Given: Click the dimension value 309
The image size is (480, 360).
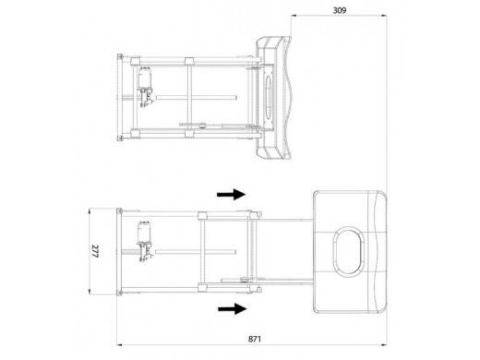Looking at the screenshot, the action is click(340, 10).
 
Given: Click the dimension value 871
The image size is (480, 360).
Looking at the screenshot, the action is click(255, 339).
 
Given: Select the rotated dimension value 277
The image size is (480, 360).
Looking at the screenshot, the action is click(95, 251).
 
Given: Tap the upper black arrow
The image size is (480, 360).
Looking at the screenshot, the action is click(232, 195).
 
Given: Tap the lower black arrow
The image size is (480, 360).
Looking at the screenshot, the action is click(233, 308).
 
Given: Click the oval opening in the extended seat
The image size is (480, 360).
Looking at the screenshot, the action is click(348, 251).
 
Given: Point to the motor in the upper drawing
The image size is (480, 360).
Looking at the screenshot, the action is click(145, 87).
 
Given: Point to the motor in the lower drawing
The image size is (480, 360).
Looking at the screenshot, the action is click(145, 241).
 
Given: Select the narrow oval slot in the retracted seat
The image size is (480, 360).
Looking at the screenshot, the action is click(269, 97).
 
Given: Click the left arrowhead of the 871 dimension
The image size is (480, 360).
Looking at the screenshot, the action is click(119, 345).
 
